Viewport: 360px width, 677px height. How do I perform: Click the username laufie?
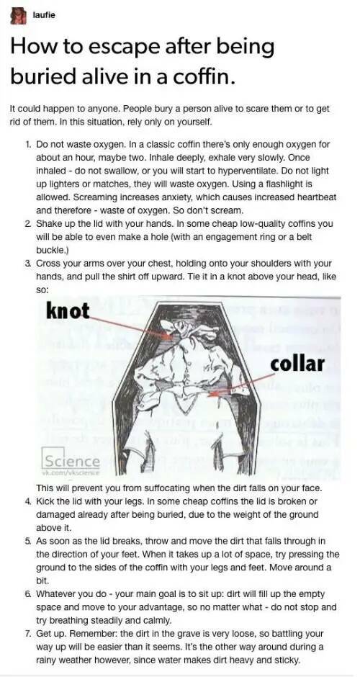44,15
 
